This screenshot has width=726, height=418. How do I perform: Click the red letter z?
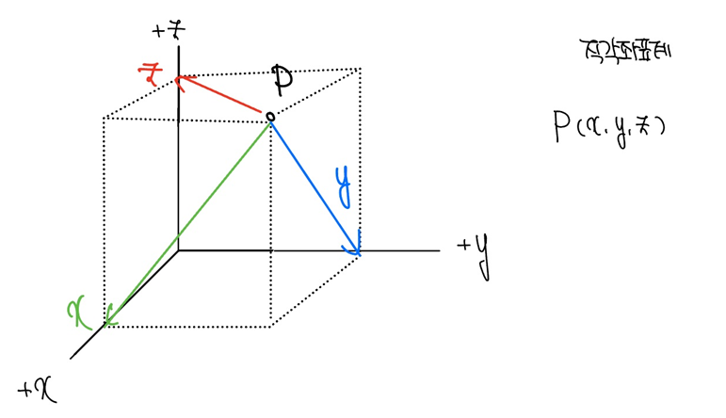coord(148,72)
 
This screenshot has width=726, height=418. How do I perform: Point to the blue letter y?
coord(345,185)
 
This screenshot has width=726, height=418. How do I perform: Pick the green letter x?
coord(80,310)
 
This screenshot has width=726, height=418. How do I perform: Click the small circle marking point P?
coord(270,117)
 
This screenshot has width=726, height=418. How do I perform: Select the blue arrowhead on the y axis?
coord(355,247)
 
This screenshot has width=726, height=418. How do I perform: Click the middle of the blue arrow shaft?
coord(315,185)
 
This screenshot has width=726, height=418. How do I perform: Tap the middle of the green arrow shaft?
coord(188,220)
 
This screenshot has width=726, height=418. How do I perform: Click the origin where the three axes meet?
coord(178,250)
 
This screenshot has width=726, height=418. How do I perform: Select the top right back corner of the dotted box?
coord(360,68)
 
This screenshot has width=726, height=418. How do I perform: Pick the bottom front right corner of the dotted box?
coord(270,326)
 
